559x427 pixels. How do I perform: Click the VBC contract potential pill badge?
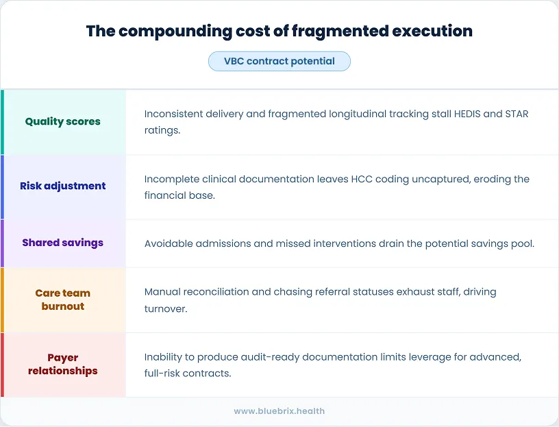point(279,61)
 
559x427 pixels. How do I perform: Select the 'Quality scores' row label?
point(63,121)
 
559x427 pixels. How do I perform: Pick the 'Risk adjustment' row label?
point(63,186)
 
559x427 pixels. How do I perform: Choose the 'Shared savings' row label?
point(63,243)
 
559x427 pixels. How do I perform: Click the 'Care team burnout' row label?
point(63,300)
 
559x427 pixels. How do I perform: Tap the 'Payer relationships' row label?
point(63,364)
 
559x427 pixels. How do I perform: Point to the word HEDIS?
point(469,114)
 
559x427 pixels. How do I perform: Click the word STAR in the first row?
point(517,114)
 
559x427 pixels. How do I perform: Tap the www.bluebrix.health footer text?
point(279,411)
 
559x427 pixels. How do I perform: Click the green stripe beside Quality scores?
point(2,121)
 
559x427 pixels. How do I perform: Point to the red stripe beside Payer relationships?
point(2,365)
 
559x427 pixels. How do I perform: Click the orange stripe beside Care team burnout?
point(2,300)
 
